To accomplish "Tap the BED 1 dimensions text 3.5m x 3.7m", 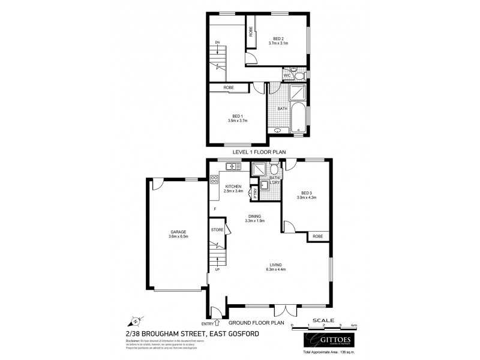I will [x=238, y=121].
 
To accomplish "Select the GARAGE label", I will [x=178, y=232].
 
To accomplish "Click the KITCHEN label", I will [x=233, y=187].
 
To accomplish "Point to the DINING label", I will [x=255, y=216].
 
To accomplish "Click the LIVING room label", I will [x=276, y=265].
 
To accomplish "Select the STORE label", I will [x=217, y=229].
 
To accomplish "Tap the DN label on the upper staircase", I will [x=218, y=42].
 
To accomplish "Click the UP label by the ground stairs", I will [x=217, y=269].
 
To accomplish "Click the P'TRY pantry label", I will [x=256, y=194].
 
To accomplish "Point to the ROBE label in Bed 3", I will [x=317, y=236].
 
